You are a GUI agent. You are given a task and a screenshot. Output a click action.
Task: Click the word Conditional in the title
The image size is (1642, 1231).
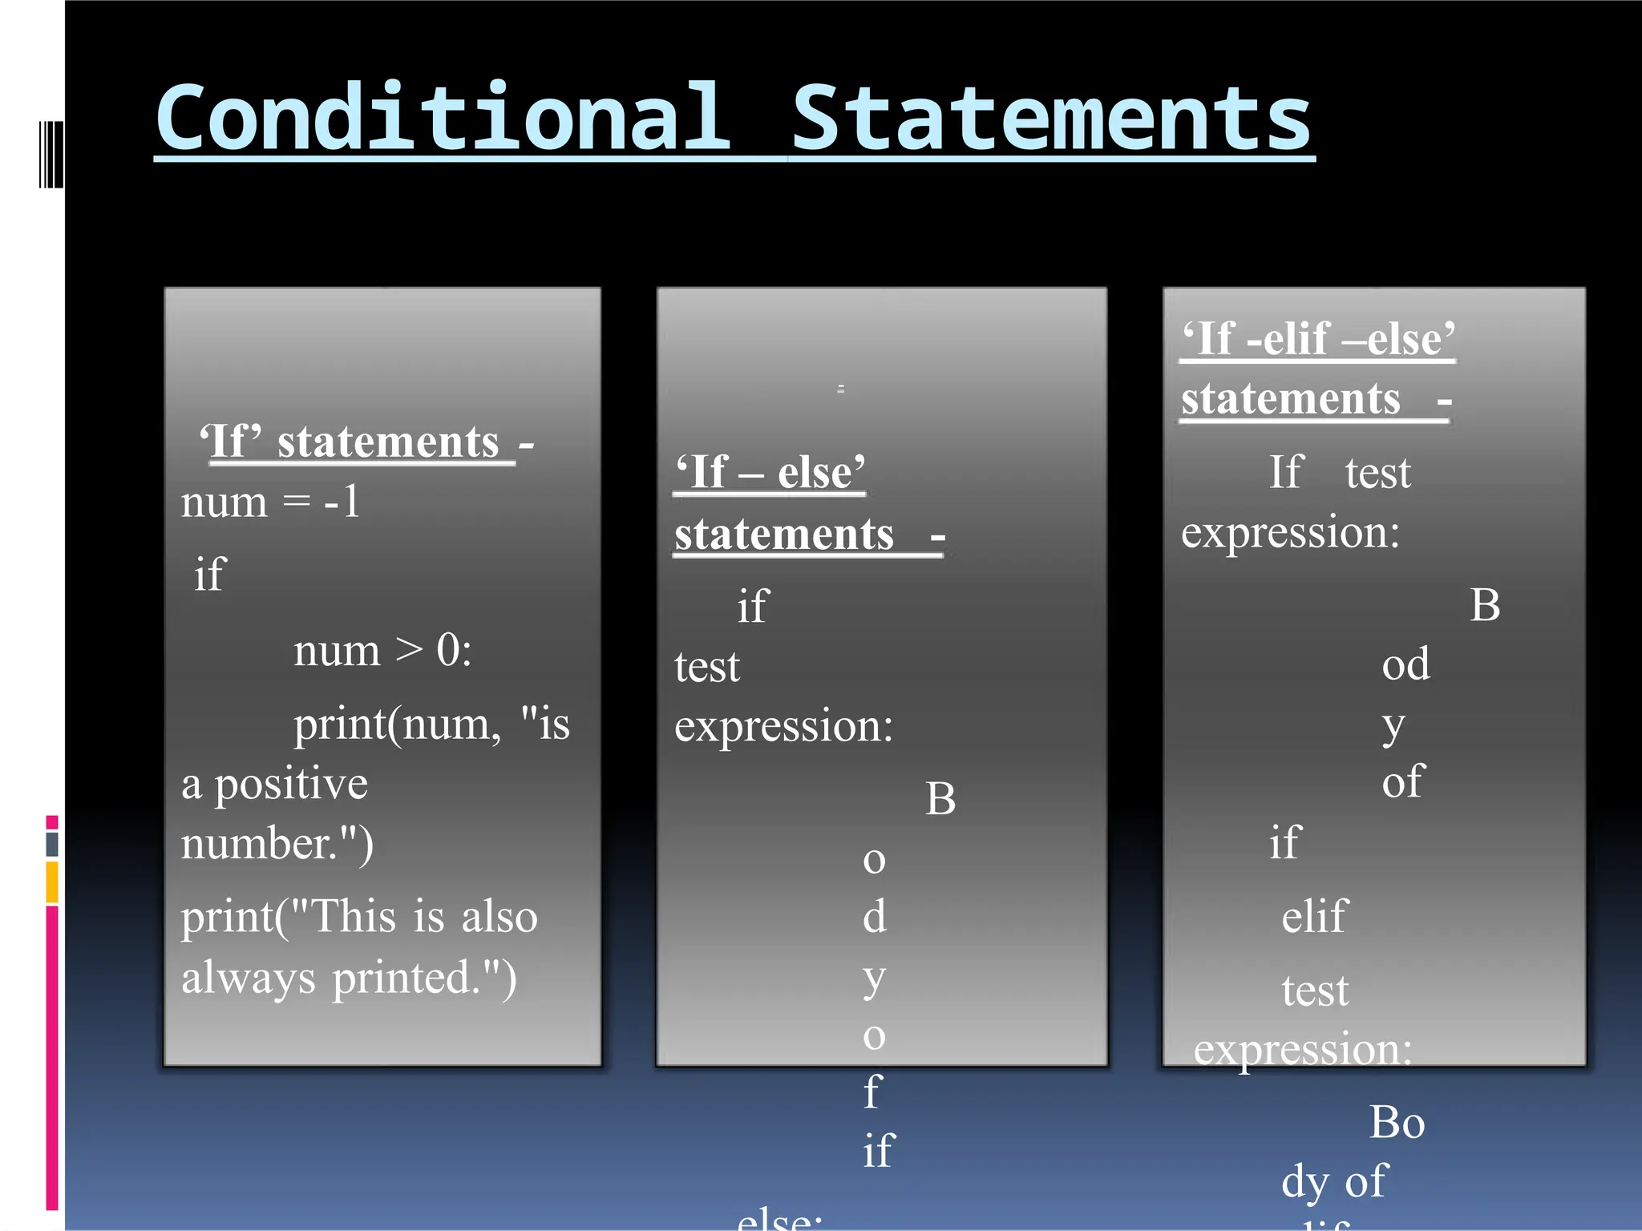[443, 119]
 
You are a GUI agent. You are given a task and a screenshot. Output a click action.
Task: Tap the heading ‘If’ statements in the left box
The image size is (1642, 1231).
[357, 442]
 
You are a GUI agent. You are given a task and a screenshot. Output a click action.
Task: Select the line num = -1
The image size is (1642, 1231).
[270, 502]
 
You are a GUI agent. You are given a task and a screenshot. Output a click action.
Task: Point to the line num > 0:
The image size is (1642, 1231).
[382, 650]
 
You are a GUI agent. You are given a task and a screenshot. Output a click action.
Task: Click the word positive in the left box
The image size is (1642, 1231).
[290, 785]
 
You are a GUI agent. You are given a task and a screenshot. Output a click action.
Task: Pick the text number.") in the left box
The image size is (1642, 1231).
[277, 844]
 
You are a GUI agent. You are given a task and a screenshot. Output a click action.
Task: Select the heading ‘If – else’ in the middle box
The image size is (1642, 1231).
[770, 472]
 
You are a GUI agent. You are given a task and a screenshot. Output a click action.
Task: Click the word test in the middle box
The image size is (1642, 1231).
[706, 667]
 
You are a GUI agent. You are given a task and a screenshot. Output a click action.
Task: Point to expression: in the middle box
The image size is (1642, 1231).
[783, 727]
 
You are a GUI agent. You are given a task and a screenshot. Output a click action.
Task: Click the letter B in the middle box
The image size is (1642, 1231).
[940, 799]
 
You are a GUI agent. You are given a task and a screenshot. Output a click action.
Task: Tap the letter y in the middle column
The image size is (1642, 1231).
[874, 978]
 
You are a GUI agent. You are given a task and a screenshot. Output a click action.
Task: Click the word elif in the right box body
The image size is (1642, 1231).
[1315, 917]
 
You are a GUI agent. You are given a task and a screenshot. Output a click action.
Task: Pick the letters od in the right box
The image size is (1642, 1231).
[1405, 664]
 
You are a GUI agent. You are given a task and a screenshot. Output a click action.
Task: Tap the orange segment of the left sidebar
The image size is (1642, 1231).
[52, 882]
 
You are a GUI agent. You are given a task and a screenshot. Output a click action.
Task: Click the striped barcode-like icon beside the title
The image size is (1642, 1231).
[51, 154]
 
